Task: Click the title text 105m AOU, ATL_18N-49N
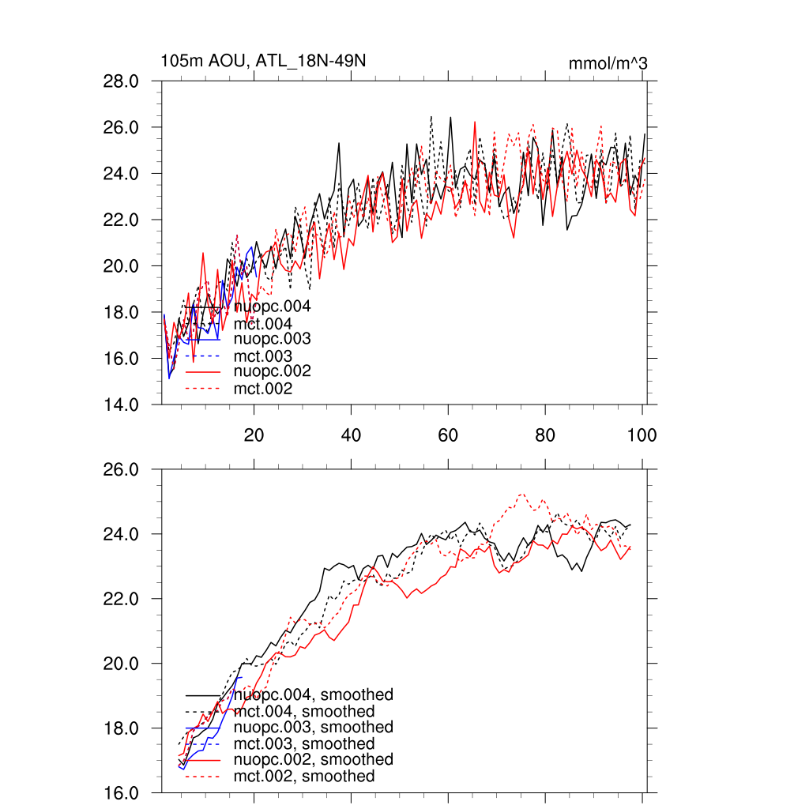263,62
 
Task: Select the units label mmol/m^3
608,63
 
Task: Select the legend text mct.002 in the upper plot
263,389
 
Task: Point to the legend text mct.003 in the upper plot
263,356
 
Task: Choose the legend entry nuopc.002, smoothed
314,759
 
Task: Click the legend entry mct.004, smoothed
304,712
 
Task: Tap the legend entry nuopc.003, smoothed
314,727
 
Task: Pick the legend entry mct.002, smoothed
304,777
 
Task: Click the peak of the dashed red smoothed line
521,495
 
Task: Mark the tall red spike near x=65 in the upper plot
474,122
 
